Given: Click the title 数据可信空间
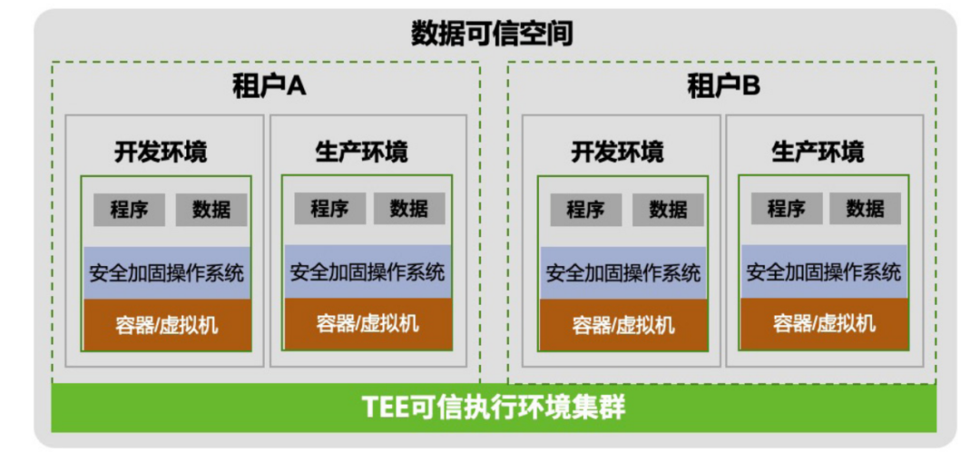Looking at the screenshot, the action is (x=491, y=34).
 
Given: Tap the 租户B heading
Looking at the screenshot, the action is (x=723, y=87).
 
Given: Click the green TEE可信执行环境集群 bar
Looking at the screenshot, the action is (x=495, y=408).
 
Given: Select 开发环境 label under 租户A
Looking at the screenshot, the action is (x=161, y=151).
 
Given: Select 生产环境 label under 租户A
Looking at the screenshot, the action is (x=361, y=151).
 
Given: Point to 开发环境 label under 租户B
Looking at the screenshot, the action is (x=617, y=151).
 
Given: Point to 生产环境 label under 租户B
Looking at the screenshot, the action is (x=818, y=151).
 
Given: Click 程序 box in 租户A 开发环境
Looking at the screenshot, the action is (x=129, y=210).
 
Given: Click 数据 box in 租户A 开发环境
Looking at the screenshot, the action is (x=211, y=210).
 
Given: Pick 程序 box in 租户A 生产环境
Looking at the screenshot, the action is (x=329, y=209).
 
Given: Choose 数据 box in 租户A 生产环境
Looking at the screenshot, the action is (x=409, y=209).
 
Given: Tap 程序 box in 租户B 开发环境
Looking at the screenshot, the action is (x=585, y=210).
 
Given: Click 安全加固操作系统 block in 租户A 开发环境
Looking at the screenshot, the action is (x=166, y=272).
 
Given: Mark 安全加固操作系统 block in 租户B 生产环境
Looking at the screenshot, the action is (x=823, y=271).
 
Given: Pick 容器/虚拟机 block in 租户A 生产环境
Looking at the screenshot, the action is (x=367, y=323).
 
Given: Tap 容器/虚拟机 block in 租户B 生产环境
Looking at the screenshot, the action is (x=823, y=323).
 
